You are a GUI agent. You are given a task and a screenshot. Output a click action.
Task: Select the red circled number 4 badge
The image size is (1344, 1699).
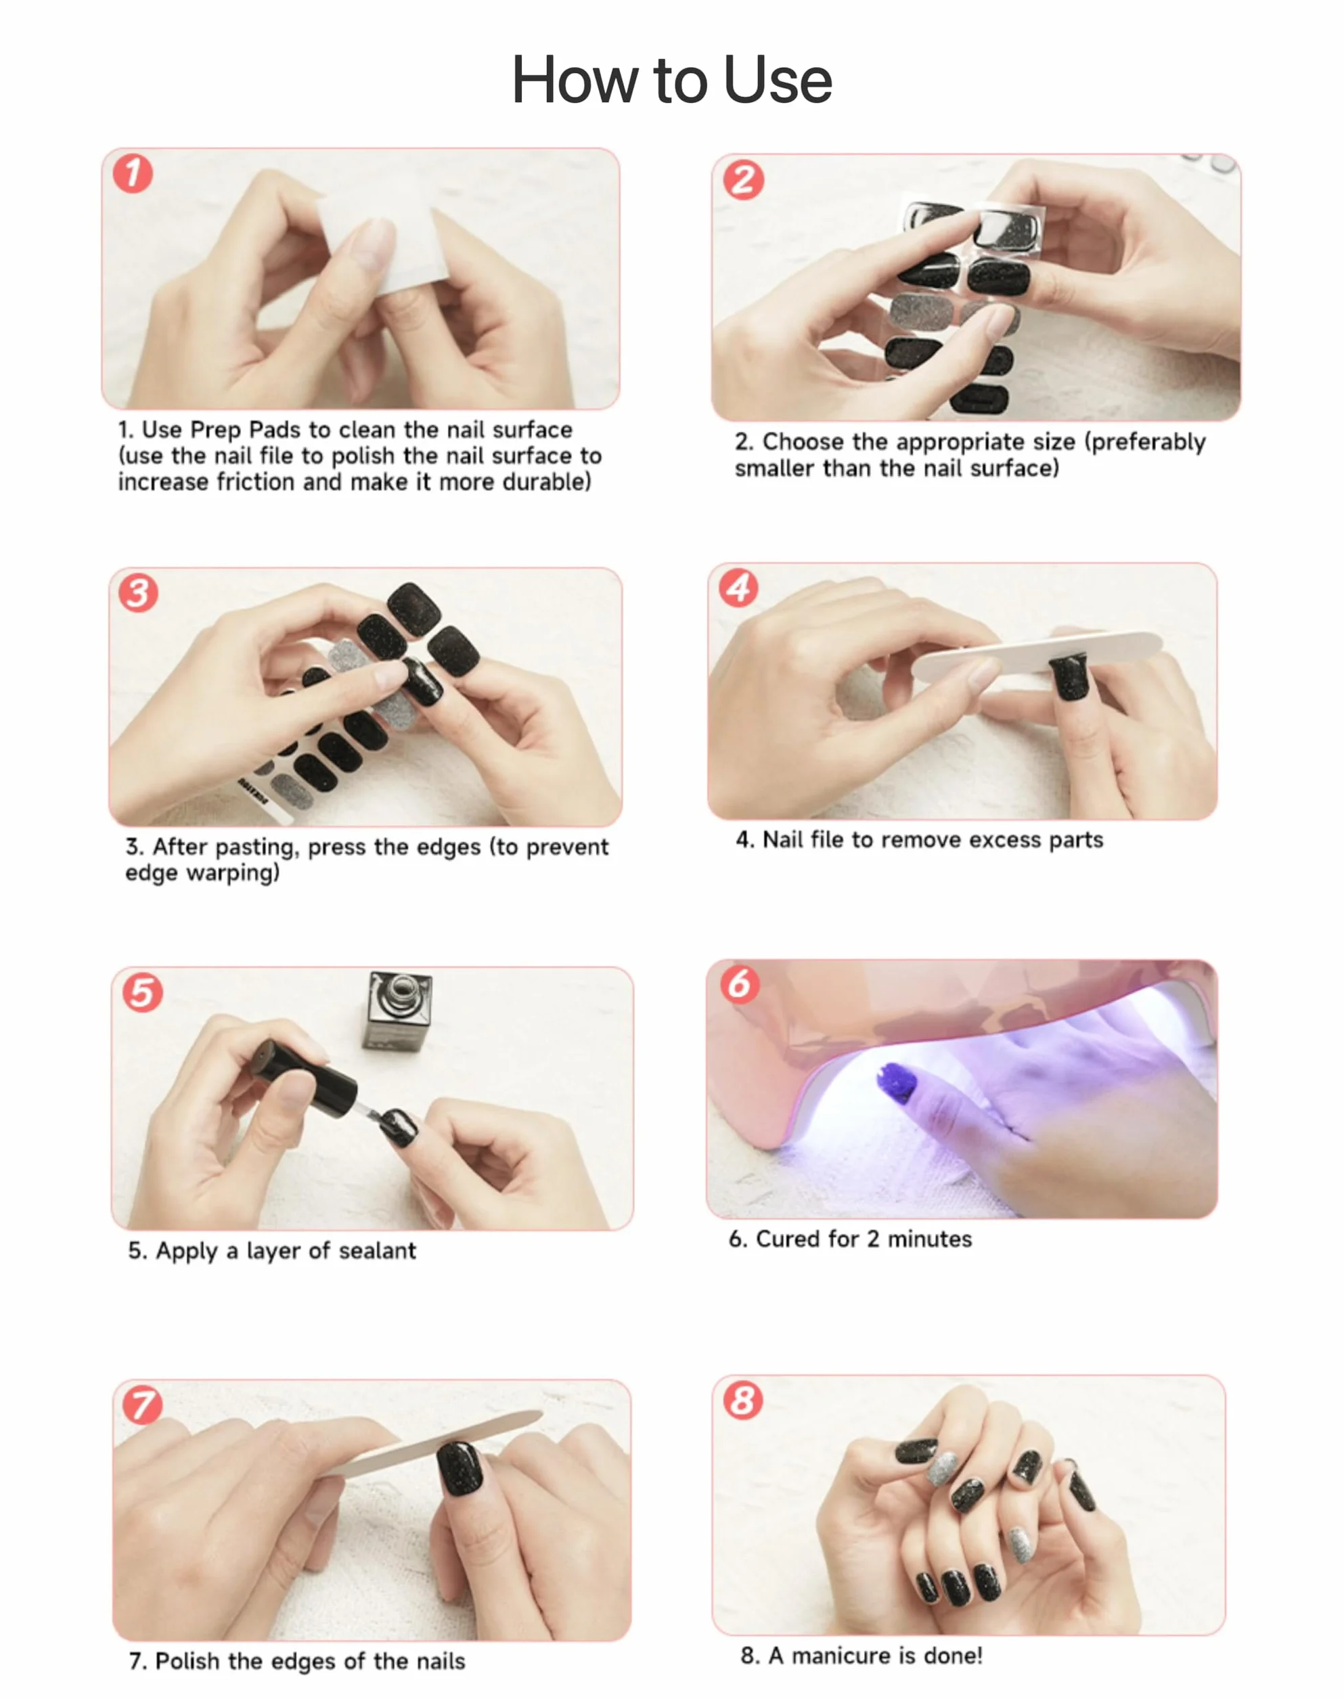tap(738, 587)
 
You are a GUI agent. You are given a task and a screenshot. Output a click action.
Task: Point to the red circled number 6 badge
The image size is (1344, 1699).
tap(740, 984)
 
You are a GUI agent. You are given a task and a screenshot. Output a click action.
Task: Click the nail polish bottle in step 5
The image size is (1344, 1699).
tap(398, 1011)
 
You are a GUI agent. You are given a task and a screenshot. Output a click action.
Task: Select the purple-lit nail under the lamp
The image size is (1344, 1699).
tap(897, 1082)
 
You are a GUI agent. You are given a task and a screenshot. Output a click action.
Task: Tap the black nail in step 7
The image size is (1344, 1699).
tap(460, 1468)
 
